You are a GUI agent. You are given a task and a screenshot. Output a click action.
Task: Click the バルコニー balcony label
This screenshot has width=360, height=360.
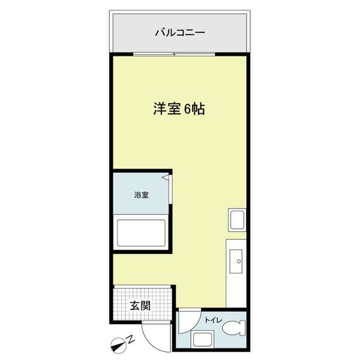(x=180, y=31)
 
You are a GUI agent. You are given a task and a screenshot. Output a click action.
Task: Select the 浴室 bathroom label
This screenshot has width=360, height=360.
(x=142, y=195)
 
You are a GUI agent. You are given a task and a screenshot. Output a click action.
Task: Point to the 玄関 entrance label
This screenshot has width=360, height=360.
(x=140, y=305)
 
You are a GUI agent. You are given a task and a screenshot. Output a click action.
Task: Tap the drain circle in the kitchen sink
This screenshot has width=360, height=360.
(x=238, y=261)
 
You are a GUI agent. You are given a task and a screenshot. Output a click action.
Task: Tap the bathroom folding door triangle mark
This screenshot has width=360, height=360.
(x=167, y=178)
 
